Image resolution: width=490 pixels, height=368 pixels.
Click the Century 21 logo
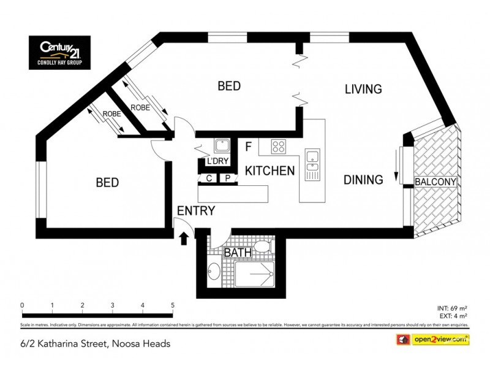coord(59,52)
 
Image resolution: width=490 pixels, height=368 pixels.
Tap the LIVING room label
coord(363,89)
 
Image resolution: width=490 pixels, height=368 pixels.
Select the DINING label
coord(363,180)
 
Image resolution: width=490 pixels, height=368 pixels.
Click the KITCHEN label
coord(270,171)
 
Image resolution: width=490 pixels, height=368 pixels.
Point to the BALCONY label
coord(435,182)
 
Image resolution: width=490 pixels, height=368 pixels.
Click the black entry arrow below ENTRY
coord(183,237)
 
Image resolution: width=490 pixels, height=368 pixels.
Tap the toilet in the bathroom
coord(262,247)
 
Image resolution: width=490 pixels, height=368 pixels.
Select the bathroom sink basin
coord(214,270)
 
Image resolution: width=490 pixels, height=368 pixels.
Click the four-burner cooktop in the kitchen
coord(279,147)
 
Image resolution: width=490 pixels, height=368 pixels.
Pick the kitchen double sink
coord(312,160)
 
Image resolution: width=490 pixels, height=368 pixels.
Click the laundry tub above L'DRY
coord(221,146)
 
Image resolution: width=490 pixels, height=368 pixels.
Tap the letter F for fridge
coord(248,147)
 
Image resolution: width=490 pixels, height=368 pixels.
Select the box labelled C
coord(209,178)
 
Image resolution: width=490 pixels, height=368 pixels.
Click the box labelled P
coord(227,178)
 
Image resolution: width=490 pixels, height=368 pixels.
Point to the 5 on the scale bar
coord(173,305)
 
